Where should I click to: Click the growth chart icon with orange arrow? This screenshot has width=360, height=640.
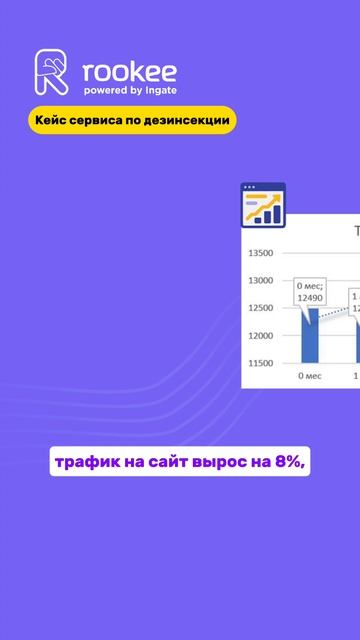(x=263, y=206)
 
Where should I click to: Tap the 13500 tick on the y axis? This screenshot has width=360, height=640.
(x=262, y=254)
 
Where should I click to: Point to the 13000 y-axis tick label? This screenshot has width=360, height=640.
(x=262, y=281)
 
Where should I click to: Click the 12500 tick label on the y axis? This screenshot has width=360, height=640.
(x=262, y=308)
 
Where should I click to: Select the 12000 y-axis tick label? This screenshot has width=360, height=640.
(x=262, y=335)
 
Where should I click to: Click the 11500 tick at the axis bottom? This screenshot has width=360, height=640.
(x=262, y=362)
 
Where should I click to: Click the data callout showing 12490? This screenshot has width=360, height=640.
(x=310, y=293)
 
